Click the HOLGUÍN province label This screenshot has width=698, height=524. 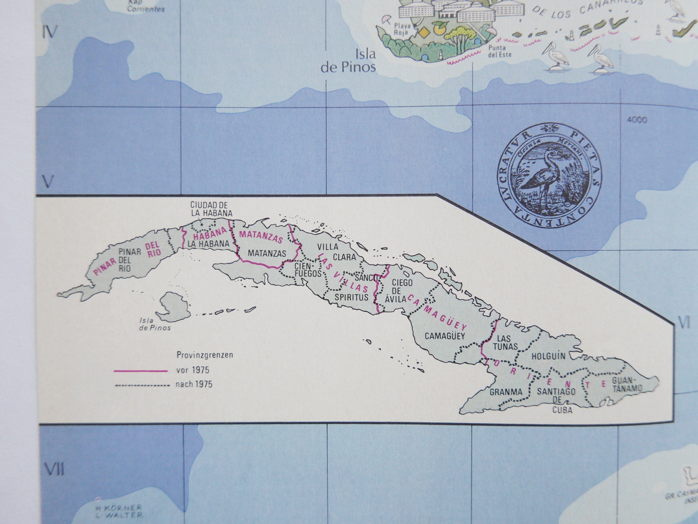tap(548, 356)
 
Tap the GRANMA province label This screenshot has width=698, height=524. tap(506, 392)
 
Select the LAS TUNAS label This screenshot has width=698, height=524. tap(505, 343)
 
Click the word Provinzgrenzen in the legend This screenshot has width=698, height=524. tap(205, 355)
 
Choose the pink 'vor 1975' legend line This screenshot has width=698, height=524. tap(141, 371)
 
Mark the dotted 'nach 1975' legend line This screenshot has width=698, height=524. tap(143, 385)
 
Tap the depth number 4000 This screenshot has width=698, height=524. tap(637, 120)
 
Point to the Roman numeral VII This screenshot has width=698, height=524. tap(54, 469)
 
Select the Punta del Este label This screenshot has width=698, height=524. tap(500, 51)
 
